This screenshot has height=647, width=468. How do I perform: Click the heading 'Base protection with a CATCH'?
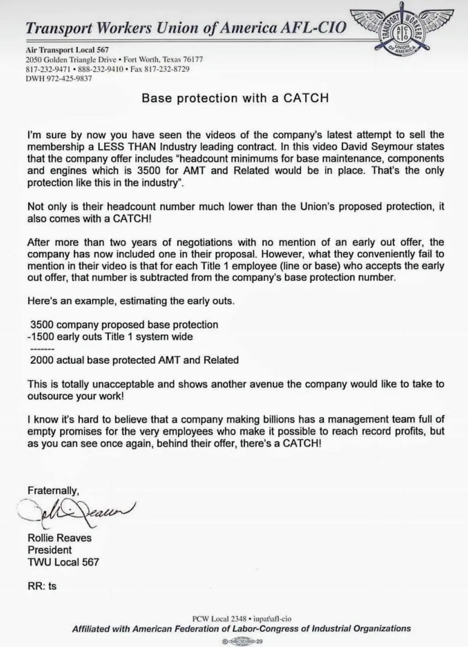(x=235, y=98)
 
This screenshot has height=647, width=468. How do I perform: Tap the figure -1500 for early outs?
(x=40, y=337)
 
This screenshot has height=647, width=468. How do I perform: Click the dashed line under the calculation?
(x=42, y=349)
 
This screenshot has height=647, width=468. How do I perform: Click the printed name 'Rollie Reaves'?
(x=59, y=538)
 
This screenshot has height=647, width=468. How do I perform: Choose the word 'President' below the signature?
(x=49, y=550)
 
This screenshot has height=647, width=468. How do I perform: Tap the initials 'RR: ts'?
(x=42, y=586)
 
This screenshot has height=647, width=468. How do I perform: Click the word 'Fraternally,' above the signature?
(x=53, y=491)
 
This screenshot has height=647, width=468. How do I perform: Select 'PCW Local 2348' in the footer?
(x=219, y=619)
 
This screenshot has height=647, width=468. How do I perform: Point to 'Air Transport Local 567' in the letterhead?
(x=67, y=50)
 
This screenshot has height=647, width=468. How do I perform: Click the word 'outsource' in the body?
(x=49, y=396)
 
